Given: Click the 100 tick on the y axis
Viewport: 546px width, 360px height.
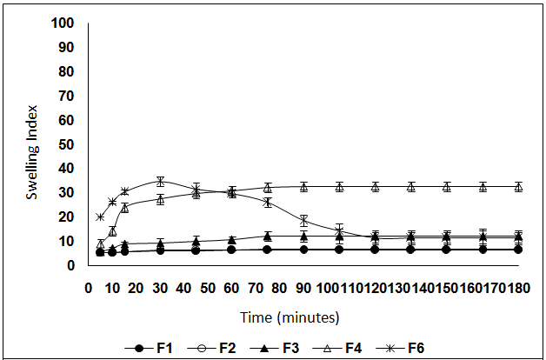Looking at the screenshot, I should point(64,22).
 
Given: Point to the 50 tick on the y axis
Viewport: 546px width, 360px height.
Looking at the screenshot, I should point(68,143).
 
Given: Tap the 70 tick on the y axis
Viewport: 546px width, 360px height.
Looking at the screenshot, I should point(68,95).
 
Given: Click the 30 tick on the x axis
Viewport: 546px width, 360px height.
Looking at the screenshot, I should point(160,286).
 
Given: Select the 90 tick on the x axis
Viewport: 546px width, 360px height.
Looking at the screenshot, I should point(303,286).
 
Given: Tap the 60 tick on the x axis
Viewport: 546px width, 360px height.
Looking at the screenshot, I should point(232,286).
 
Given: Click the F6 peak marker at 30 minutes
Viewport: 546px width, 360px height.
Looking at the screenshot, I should point(160,181).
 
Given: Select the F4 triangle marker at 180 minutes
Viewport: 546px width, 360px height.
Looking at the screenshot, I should point(518,186).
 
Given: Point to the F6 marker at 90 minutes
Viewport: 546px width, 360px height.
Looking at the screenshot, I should point(303,221).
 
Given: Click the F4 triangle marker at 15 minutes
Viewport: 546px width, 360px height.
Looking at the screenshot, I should point(124,208).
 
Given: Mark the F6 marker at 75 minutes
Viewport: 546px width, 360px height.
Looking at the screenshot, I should point(268,202).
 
